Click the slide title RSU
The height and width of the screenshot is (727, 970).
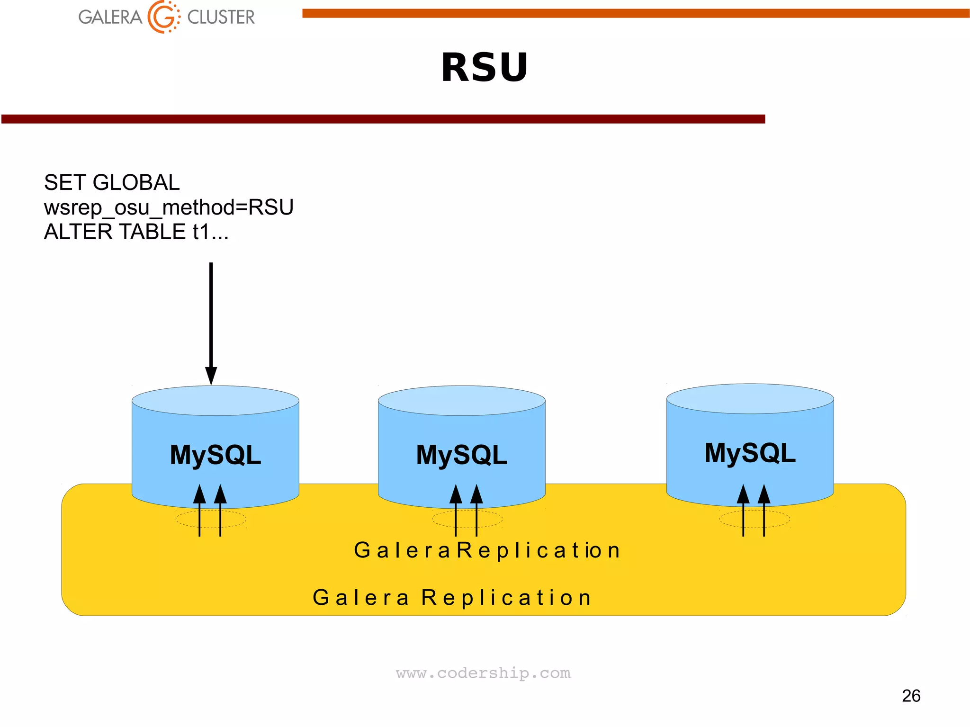click(x=484, y=68)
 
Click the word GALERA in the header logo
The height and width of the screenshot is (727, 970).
click(x=110, y=18)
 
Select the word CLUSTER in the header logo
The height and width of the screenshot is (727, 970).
click(x=221, y=18)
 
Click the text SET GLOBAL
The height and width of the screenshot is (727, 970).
click(x=112, y=182)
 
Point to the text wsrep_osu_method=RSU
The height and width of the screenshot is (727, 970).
click(x=169, y=207)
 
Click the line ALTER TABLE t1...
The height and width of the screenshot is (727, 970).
click(x=136, y=232)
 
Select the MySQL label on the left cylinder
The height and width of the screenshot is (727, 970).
click(x=216, y=455)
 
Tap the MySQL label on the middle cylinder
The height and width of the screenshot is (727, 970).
click(x=462, y=455)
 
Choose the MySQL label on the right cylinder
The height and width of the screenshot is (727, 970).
click(x=750, y=453)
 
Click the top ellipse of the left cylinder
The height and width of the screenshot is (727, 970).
click(x=216, y=401)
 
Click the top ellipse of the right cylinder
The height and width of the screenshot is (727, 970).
click(x=750, y=399)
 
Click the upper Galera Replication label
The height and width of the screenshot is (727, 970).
click(x=487, y=550)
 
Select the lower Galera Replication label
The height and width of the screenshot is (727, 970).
click(x=452, y=598)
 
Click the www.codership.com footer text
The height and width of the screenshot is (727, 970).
click(x=483, y=673)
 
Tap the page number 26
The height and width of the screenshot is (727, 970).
click(x=911, y=696)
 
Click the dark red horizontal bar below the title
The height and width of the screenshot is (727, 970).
click(x=383, y=119)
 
